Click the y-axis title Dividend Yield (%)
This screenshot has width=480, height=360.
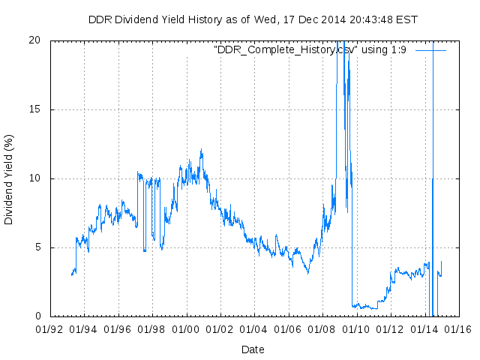pyautogui.click(x=9, y=179)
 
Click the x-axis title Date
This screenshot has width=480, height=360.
pyautogui.click(x=253, y=349)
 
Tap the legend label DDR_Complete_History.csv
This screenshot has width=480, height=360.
pyautogui.click(x=283, y=49)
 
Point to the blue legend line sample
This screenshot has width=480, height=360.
pyautogui.click(x=430, y=49)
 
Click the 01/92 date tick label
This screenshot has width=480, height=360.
pyautogui.click(x=50, y=329)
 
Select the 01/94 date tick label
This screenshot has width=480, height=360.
pyautogui.click(x=84, y=329)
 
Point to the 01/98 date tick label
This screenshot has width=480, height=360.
pyautogui.click(x=152, y=329)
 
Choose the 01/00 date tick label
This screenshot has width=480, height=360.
pyautogui.click(x=186, y=329)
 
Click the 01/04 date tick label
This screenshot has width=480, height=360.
pyautogui.click(x=254, y=329)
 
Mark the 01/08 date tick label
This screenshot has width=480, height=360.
pyautogui.click(x=322, y=329)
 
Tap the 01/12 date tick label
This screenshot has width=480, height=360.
pyautogui.click(x=390, y=329)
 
